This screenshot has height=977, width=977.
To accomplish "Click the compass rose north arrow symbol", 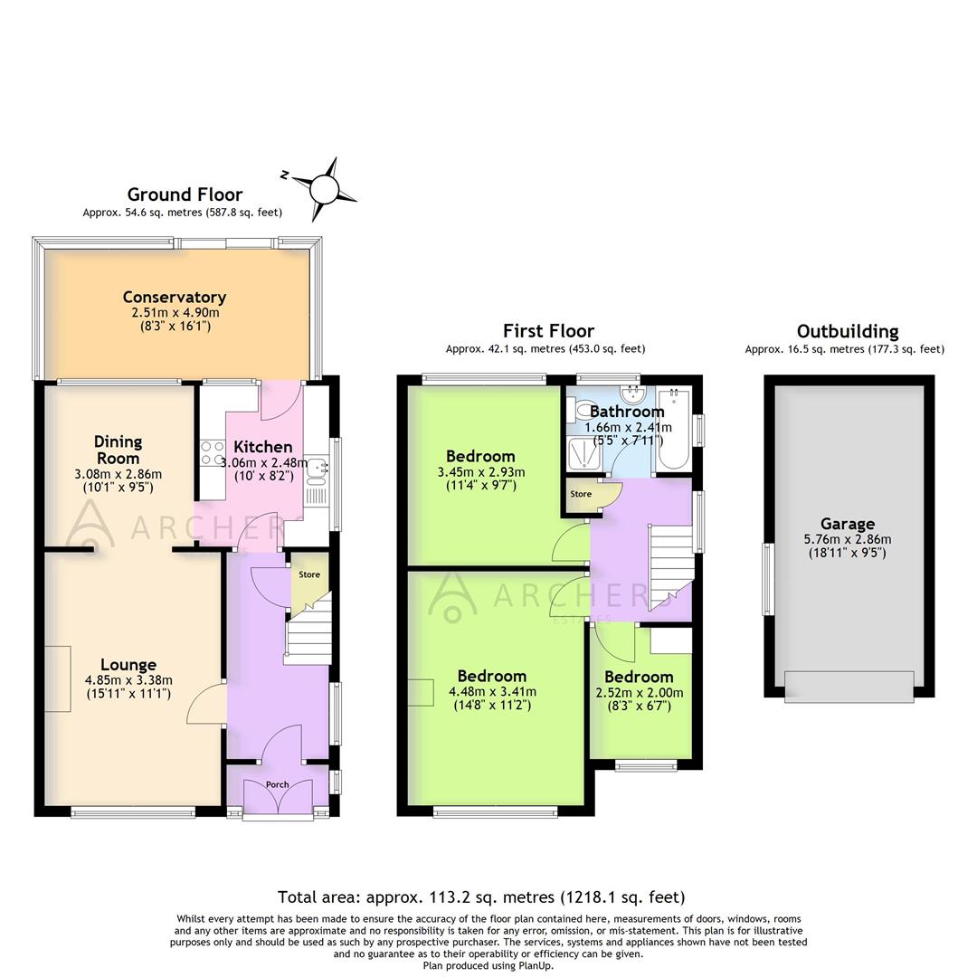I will click(324, 189).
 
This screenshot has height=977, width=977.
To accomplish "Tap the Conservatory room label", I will click(174, 297).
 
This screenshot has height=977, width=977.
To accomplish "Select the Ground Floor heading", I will click(185, 194).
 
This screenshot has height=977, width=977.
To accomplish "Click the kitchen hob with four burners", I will click(212, 453).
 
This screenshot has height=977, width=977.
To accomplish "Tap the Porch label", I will click(277, 784).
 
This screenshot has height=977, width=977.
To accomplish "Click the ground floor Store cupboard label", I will click(309, 574).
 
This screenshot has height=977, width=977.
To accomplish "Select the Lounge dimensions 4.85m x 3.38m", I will click(128, 681).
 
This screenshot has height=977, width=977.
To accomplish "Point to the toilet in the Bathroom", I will click(581, 412).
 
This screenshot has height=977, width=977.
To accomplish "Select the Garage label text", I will click(848, 524).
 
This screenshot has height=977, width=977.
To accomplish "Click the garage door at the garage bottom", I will click(849, 687).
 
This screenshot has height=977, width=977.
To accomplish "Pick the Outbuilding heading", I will click(848, 331).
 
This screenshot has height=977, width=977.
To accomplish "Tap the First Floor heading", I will click(548, 331).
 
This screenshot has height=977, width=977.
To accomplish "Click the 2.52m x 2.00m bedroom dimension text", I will click(639, 693).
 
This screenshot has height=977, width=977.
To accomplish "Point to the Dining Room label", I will click(119, 450).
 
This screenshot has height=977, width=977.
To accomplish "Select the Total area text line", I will click(481, 897).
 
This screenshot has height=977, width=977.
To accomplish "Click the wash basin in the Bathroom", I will click(631, 394).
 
